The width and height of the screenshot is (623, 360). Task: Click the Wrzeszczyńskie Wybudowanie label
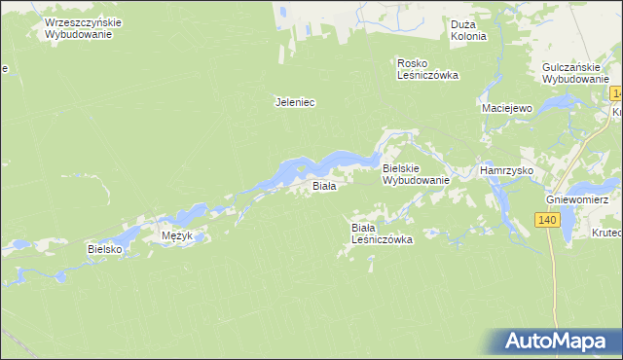[79, 27]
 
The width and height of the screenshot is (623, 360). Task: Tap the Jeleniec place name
[296, 101]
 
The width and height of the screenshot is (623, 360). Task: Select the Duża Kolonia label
[468, 30]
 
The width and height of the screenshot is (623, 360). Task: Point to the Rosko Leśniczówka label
[427, 69]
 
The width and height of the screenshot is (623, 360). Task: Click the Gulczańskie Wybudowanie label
[575, 73]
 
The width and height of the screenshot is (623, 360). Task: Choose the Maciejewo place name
[506, 108]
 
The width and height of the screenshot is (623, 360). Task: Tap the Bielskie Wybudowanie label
[415, 174]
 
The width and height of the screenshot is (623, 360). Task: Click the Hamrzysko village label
[505, 169]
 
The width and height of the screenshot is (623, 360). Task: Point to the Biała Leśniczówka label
[383, 233]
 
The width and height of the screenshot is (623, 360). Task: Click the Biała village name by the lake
[323, 185]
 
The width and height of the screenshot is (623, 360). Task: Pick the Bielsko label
[104, 249]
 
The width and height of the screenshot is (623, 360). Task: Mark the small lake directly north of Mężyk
[189, 211]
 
